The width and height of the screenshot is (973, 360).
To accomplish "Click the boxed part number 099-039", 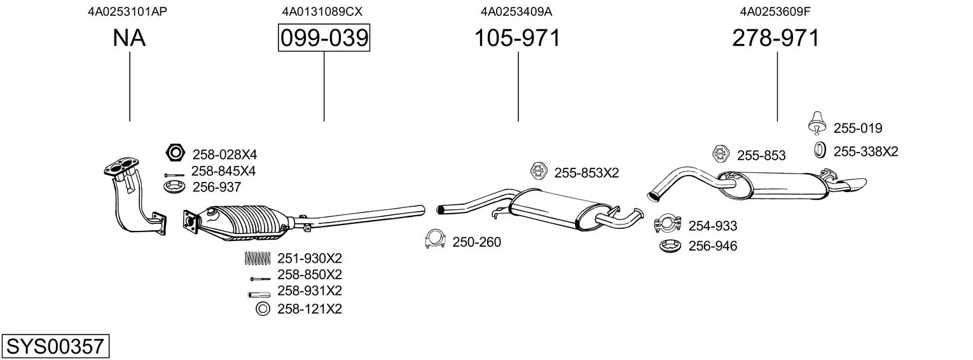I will pyautogui.click(x=324, y=38).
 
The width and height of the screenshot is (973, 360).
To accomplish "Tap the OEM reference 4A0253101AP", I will pyautogui.click(x=128, y=11).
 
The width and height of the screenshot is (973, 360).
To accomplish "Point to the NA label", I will pyautogui.click(x=129, y=38).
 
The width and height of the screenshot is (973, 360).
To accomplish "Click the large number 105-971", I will pyautogui.click(x=518, y=38).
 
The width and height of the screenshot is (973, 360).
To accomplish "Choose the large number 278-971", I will pyautogui.click(x=776, y=38).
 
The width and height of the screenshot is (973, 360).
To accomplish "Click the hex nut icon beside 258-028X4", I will pyautogui.click(x=174, y=153).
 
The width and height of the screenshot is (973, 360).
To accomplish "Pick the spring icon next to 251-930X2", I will pyautogui.click(x=257, y=258).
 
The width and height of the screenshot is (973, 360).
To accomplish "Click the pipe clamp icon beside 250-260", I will pyautogui.click(x=435, y=240).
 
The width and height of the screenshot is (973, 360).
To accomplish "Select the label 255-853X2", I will pyautogui.click(x=586, y=172).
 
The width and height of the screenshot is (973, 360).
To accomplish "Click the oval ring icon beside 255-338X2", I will pyautogui.click(x=820, y=151).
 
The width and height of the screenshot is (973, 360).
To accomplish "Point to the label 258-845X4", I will pyautogui.click(x=223, y=171).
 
